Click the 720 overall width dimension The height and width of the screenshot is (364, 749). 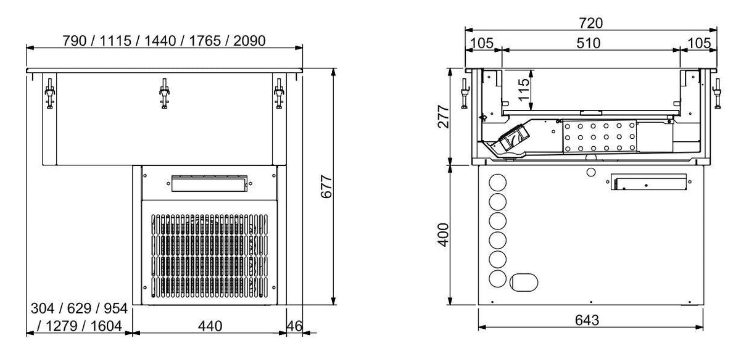click(590, 23)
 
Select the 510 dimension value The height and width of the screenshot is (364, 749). click(590, 43)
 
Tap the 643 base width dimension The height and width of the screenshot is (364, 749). click(590, 320)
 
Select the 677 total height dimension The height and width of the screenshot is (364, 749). click(327, 186)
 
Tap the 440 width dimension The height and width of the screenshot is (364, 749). click(210, 326)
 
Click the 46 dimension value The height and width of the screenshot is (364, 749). click(295, 326)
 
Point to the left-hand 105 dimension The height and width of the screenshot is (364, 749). click(483, 43)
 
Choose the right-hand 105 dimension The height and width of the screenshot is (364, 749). click(698, 43)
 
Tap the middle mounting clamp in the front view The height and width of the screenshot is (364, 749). click(164, 94)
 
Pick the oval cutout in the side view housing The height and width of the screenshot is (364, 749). click(524, 282)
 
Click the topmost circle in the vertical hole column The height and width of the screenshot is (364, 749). click(497, 183)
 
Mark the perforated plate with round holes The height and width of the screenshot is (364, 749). click(598, 136)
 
